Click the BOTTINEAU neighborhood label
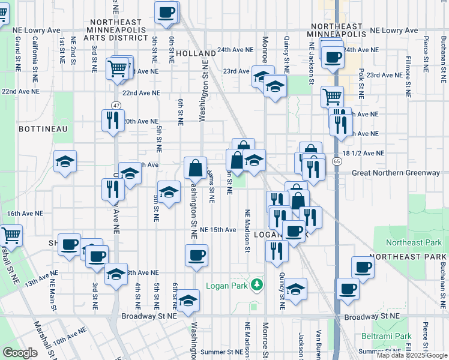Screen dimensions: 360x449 [x=26, y=129]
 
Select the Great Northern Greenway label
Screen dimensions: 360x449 [x=396, y=173]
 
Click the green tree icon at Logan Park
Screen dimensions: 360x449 [x=257, y=284]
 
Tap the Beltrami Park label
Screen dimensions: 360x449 [x=387, y=336]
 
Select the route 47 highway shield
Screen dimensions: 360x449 [x=116, y=105]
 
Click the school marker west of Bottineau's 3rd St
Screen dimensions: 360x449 [x=65, y=161]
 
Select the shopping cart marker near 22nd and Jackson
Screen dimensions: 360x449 [x=332, y=95]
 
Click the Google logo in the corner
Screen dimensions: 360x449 [x=20, y=353]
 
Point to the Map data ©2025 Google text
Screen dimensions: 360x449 [x=412, y=355]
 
